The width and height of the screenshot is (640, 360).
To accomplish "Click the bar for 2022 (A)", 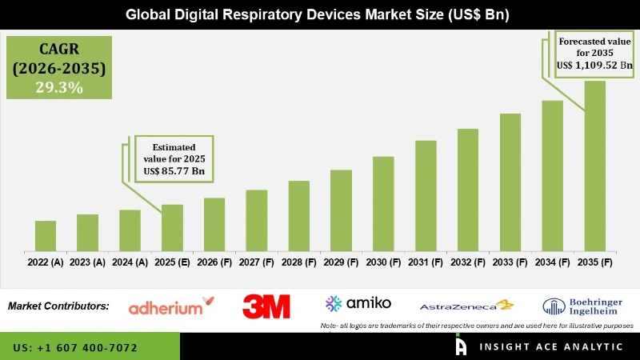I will (x=46, y=235).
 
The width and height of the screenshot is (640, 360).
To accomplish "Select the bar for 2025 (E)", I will (x=172, y=227).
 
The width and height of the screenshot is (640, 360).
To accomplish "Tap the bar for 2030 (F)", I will (x=383, y=203).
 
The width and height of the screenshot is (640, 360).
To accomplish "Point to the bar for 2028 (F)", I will (x=298, y=215).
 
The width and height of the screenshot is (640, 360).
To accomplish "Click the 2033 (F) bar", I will (x=510, y=182).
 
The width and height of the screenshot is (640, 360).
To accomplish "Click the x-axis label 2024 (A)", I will (x=130, y=262).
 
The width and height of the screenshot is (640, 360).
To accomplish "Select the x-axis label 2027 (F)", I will (x=256, y=262).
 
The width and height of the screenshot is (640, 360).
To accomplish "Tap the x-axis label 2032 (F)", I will (x=468, y=262).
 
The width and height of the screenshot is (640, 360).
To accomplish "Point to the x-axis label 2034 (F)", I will (x=552, y=262).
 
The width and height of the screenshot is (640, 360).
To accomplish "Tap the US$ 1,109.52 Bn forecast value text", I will (x=594, y=67).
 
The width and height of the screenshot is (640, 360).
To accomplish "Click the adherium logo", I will (x=171, y=306).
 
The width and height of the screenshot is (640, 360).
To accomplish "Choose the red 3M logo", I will (x=266, y=306).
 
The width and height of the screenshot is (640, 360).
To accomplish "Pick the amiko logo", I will (x=358, y=303).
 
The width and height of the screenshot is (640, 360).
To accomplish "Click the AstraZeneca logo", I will (x=466, y=306).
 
